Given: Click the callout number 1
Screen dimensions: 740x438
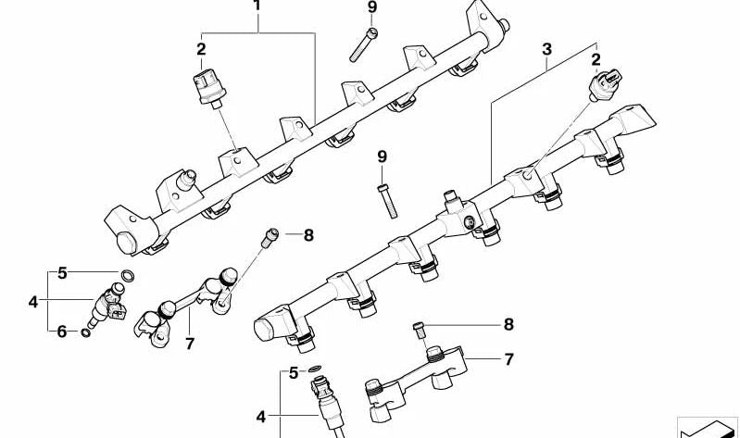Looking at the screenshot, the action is (257, 6).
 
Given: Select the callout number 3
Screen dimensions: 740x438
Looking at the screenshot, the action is (546, 49).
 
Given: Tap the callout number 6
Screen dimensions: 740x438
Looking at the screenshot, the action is (62, 332).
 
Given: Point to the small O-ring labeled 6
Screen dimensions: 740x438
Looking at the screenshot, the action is (85, 333).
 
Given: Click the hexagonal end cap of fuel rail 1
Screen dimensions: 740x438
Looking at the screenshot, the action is (126, 242).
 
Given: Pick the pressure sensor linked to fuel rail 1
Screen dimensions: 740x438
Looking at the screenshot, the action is (209, 88).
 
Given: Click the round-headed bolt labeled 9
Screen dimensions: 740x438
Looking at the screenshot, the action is (363, 44).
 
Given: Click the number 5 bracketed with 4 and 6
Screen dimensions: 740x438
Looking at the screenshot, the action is (62, 273).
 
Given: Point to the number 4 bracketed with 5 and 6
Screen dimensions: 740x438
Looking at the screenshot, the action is (33, 302).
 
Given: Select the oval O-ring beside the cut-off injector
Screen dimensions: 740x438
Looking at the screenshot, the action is (315, 369).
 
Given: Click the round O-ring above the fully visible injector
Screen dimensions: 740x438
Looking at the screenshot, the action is (127, 275).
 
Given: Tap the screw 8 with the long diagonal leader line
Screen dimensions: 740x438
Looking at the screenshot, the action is (270, 236).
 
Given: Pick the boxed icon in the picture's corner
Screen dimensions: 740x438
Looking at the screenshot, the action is (708, 428).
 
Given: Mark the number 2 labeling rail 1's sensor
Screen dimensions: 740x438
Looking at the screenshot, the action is (202, 49).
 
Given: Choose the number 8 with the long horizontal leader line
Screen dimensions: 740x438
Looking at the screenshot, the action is (508, 324).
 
